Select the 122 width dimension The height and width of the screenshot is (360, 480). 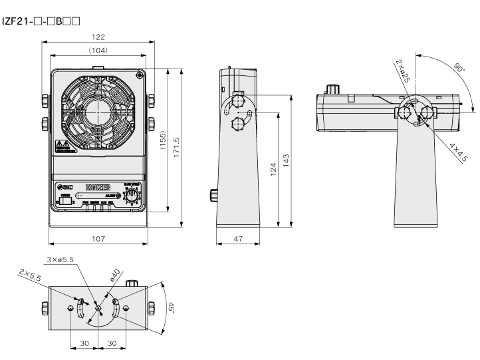coord(98,37)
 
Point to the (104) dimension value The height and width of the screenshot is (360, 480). coord(98,50)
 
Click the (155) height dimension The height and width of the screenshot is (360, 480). coord(163,140)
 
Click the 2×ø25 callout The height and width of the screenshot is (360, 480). coord(403,72)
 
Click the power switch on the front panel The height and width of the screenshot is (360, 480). coord(64,200)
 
